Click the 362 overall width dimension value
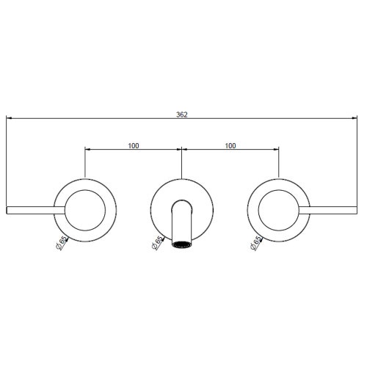point(181,115)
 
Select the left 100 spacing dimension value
point(133,145)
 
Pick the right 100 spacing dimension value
point(230,145)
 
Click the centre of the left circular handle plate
point(86,209)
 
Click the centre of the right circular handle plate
point(279,209)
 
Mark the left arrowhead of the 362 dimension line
point(9,120)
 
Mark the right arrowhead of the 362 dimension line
point(357,120)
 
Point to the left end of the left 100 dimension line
point(87,151)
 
